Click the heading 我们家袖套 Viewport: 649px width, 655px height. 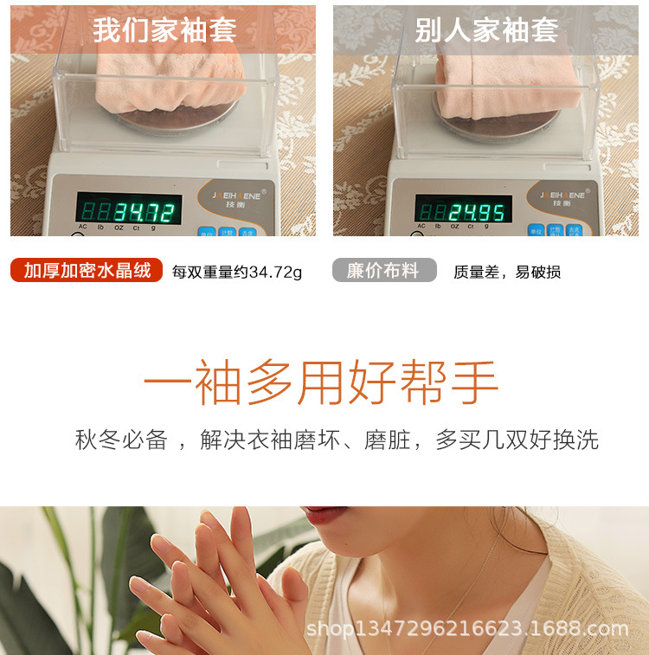point(164,30)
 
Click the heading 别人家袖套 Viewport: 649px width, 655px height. point(486,30)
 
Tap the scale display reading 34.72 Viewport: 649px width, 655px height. point(130,209)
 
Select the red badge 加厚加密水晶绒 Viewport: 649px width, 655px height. point(87,271)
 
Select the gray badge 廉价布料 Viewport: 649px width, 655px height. point(383,271)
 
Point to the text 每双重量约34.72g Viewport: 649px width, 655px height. point(237,273)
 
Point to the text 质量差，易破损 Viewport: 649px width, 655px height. point(507,273)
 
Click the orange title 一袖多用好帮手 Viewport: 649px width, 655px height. point(321,382)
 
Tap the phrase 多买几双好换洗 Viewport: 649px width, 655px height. point(517,440)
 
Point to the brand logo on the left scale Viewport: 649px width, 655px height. point(235,195)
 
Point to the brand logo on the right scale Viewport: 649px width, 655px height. point(562,195)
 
